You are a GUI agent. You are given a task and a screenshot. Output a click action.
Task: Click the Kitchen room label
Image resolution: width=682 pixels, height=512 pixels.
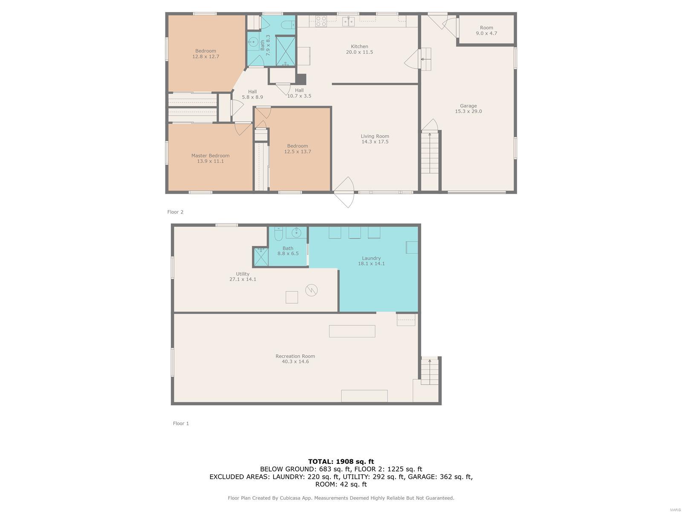coord(359,47)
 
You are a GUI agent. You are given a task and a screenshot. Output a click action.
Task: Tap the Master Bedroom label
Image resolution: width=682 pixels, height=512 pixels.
coord(210,155)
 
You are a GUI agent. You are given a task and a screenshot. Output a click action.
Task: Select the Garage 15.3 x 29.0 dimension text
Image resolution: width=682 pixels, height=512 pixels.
coord(468,111)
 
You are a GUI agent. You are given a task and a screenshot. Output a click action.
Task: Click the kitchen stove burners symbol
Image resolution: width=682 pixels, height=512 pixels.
coord(321,21)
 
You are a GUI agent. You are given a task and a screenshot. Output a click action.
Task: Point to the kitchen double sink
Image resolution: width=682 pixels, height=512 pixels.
coord(348,21)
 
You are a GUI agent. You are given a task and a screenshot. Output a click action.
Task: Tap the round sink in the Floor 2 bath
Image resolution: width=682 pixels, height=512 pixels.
coord(254,41)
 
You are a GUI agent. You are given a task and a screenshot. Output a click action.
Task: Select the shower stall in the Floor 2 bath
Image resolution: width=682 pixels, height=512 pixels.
coord(285,51)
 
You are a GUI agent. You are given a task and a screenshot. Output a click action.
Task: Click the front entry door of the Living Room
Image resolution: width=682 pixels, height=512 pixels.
coord(344,192)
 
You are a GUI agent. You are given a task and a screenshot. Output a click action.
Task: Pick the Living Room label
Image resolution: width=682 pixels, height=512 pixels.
coord(375,136)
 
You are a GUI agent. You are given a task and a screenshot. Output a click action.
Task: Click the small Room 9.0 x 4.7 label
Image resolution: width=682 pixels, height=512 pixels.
coord(486,30)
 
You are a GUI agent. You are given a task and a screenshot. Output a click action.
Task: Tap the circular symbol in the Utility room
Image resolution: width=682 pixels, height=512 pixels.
coord(311,290)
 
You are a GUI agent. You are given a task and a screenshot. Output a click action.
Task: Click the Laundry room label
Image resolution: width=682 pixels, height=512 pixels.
coord(371,258)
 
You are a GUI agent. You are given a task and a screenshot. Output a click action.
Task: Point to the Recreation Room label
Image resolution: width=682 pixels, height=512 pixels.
coord(295,356)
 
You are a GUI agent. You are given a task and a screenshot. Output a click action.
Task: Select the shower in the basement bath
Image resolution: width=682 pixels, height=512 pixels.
coord(261,257)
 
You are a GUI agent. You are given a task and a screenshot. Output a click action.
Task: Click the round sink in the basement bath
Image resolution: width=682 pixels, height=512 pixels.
coord(296,232)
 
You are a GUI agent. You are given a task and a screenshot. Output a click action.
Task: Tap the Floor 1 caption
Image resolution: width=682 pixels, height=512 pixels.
coord(181,423)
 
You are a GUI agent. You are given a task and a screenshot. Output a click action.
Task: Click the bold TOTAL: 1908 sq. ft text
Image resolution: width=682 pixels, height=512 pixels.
coord(341,461)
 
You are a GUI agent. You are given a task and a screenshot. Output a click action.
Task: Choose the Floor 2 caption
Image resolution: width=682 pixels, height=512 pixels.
coord(175,212)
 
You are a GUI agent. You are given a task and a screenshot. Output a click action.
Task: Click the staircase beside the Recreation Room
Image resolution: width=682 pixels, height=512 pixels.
coord(430,371)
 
